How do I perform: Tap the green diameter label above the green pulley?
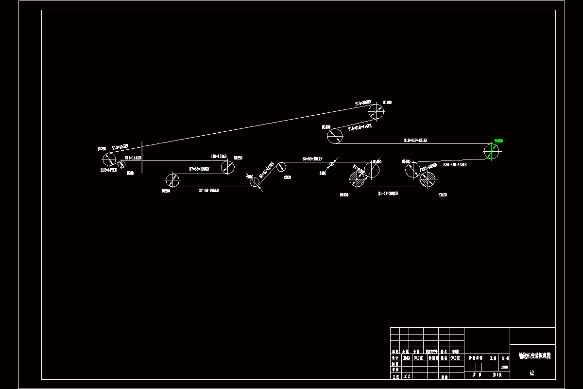pos(498,141)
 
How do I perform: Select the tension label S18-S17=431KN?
pos(415,141)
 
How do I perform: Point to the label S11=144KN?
pos(132,158)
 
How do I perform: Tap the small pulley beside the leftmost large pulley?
pos(121,165)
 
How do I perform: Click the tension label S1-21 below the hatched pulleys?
pos(388,194)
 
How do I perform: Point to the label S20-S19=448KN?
pos(454,165)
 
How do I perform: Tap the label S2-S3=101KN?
pos(312,159)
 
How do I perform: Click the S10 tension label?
pos(219,157)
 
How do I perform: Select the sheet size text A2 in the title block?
pos(532,373)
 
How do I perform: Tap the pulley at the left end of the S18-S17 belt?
pos(334,136)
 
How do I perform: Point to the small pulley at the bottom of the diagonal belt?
pos(255,182)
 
